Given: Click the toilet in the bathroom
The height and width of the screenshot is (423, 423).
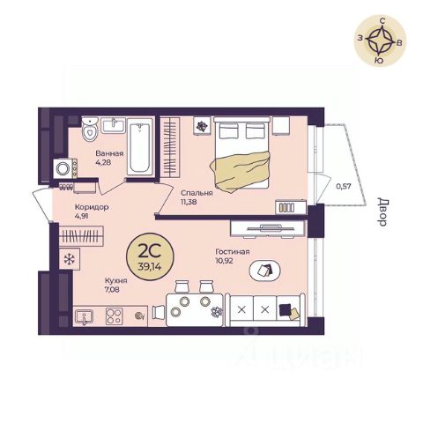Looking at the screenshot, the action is [90, 130].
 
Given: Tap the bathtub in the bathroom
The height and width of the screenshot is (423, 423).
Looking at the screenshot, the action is [140, 147].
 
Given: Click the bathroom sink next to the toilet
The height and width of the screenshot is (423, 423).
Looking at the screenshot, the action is [114, 125].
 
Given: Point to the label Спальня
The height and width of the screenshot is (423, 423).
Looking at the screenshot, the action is [197, 193].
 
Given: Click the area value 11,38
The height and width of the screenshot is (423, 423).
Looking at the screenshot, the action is [189, 202].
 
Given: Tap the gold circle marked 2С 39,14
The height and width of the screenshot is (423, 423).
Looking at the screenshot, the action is [150, 256].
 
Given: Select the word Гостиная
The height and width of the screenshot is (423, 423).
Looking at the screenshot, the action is [233, 252].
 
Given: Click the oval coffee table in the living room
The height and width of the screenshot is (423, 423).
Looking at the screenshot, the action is [264, 271].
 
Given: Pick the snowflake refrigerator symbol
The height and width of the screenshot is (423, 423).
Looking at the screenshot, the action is [70, 259].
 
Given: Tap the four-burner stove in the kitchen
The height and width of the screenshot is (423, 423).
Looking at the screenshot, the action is [115, 316].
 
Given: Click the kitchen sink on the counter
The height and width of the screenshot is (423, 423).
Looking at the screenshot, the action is [84, 317].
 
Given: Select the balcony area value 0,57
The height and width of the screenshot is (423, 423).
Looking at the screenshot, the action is [344, 186].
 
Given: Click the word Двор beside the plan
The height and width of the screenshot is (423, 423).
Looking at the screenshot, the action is [382, 212].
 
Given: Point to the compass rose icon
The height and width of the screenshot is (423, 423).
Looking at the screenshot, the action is [381, 41].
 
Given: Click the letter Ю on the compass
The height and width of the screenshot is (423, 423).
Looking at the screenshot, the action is [379, 60].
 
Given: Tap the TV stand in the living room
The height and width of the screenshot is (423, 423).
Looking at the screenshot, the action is [267, 228].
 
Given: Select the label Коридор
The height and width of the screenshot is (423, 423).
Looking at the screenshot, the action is [92, 207].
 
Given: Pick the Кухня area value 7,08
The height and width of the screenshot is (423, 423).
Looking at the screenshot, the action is [112, 289].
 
